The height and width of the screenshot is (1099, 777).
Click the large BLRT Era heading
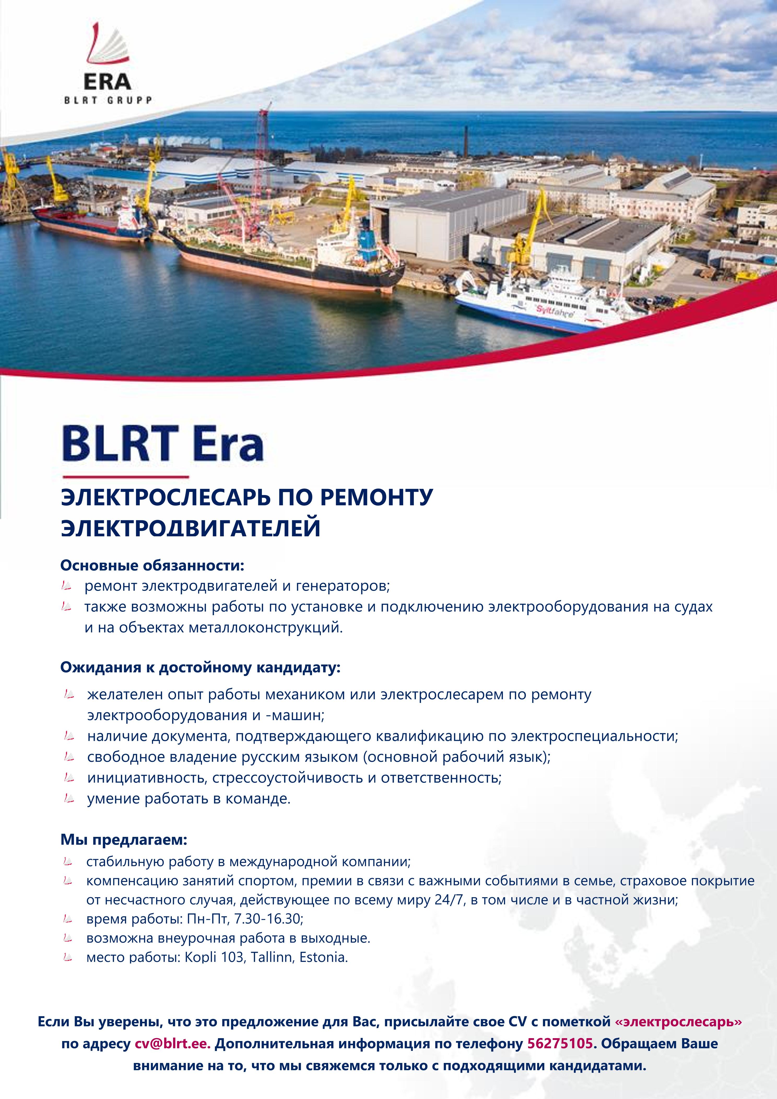163,444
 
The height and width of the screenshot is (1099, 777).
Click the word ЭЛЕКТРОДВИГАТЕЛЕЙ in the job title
191,528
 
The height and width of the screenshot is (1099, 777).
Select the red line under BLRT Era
125,477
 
